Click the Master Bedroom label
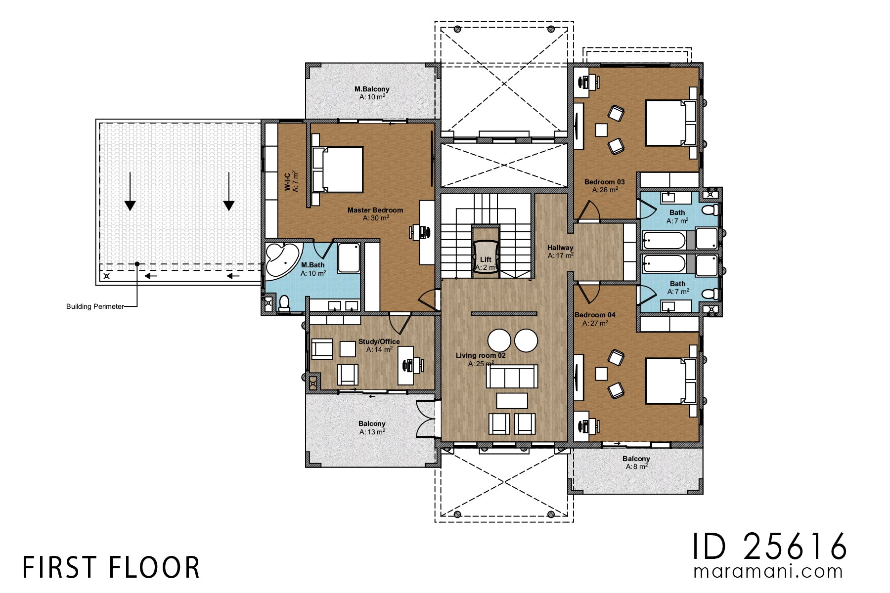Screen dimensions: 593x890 pyautogui.click(x=375, y=211)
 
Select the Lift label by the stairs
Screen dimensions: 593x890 pyautogui.click(x=486, y=259)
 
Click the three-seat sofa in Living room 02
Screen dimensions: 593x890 pyautogui.click(x=512, y=377)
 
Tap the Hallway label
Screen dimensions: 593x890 pyautogui.click(x=560, y=248)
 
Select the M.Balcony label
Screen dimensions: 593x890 pyautogui.click(x=372, y=89)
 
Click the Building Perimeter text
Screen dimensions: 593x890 pyautogui.click(x=95, y=307)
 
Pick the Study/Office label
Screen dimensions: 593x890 pyautogui.click(x=379, y=341)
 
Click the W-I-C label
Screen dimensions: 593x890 pyautogui.click(x=287, y=182)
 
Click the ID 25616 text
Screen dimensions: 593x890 pyautogui.click(x=769, y=547)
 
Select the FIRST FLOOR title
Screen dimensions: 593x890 pyautogui.click(x=111, y=567)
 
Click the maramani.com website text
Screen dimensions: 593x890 pyautogui.click(x=768, y=571)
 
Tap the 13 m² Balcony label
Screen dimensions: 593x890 pyautogui.click(x=372, y=424)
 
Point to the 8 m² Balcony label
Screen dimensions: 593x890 pyautogui.click(x=636, y=459)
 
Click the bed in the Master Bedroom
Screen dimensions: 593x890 pyautogui.click(x=338, y=169)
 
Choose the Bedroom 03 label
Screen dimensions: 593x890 pyautogui.click(x=604, y=182)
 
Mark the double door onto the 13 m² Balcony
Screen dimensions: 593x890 pyautogui.click(x=426, y=419)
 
